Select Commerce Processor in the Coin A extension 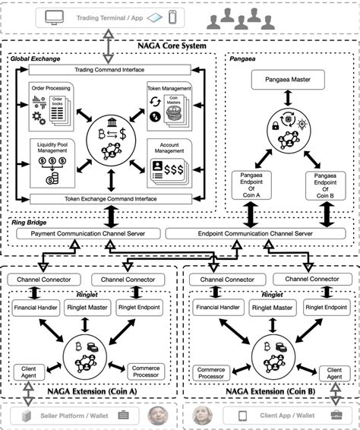[x=143, y=371]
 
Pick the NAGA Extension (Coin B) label [x=270, y=391]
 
